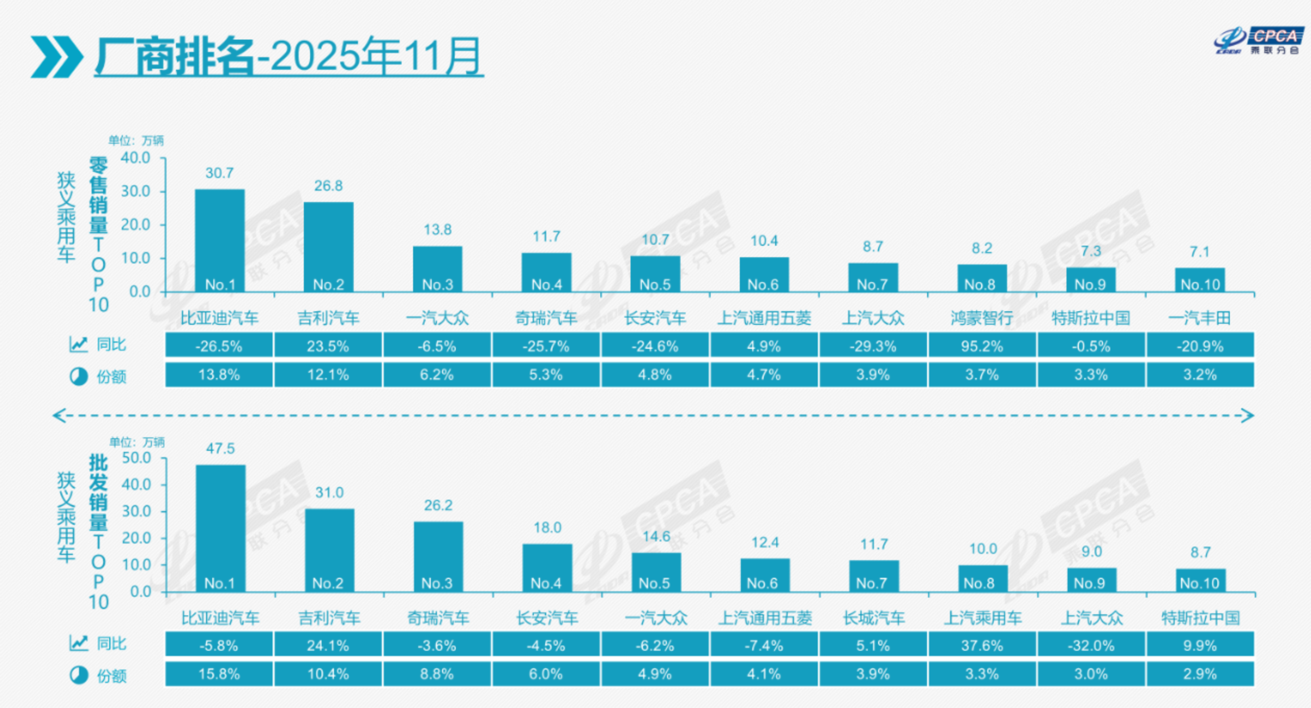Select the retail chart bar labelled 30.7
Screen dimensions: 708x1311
(220, 239)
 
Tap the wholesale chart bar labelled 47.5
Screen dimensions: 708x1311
(221, 526)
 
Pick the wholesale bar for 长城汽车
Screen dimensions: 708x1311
(874, 575)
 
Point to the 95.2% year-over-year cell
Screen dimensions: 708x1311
(982, 346)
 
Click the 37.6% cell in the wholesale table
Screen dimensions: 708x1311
(982, 646)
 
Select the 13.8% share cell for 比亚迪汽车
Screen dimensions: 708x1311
(219, 375)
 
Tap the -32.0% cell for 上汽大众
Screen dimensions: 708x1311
(1091, 646)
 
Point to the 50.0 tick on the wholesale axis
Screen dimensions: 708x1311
(136, 458)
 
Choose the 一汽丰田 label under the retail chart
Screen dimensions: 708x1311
(1200, 318)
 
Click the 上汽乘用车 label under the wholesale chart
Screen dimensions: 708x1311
(983, 618)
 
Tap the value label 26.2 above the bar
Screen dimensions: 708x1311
(438, 505)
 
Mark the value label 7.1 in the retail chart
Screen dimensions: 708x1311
(1200, 252)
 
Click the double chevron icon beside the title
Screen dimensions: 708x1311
(56, 57)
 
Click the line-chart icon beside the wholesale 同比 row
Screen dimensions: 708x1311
(79, 643)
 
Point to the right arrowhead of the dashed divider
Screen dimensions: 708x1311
(1248, 415)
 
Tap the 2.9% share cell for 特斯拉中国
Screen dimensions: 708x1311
(1200, 674)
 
